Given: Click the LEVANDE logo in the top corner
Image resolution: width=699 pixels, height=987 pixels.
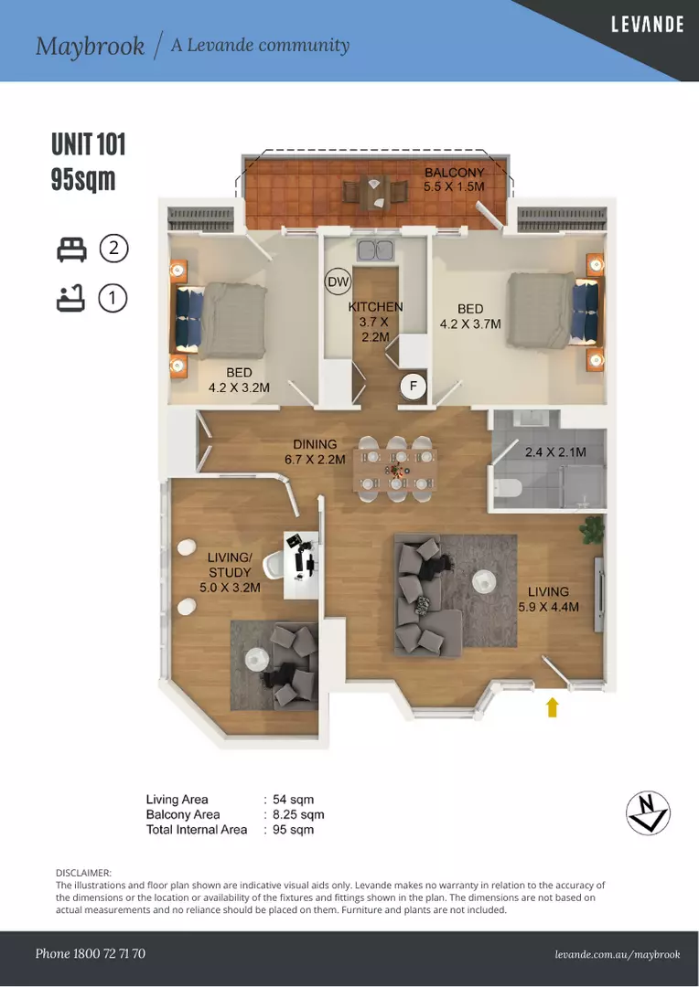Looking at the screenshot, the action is click(x=648, y=25).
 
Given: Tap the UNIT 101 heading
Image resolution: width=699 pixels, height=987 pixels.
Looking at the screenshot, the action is click(x=89, y=144).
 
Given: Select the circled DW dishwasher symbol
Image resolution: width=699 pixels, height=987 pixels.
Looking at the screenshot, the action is click(x=339, y=282).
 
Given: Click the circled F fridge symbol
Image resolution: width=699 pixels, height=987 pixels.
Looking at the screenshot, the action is click(x=414, y=386).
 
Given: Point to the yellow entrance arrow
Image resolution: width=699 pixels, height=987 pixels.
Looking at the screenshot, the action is click(x=552, y=706).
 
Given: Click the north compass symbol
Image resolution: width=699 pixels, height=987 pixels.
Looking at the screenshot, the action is click(x=648, y=812).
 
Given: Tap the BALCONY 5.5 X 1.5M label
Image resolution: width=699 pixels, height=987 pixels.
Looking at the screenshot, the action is click(x=454, y=179).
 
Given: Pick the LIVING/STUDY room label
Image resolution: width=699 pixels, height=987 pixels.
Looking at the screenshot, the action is click(x=230, y=572).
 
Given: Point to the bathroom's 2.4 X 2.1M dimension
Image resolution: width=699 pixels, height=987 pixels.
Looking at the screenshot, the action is click(x=555, y=452).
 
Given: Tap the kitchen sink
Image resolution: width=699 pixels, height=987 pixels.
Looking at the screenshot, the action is click(x=376, y=249).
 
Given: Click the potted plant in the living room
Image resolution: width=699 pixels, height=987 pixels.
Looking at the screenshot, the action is click(x=593, y=530).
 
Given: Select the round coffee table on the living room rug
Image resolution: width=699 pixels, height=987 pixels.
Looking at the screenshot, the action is click(x=483, y=580).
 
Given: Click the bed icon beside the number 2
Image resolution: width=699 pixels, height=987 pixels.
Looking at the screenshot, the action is click(x=71, y=249).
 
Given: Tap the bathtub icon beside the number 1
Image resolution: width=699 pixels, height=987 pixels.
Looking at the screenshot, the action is click(x=70, y=298).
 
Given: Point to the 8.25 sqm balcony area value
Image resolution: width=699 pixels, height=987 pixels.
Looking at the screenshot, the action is click(x=298, y=814).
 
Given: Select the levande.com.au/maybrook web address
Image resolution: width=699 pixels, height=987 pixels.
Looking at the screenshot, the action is click(x=618, y=954).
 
